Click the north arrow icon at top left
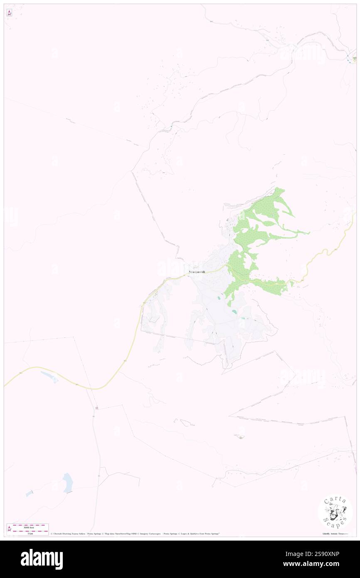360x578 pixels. tap(9, 13)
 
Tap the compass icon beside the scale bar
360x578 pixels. tap(9, 529)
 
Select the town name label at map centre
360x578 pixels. tap(197, 272)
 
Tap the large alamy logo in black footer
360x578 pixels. tap(42, 559)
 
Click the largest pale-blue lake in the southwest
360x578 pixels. tap(67, 483)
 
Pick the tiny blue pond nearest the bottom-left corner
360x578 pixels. tap(29, 494)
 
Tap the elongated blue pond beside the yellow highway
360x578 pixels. tap(49, 376)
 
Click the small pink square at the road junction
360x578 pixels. tap(96, 408)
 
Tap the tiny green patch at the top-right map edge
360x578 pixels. tap(354, 59)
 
